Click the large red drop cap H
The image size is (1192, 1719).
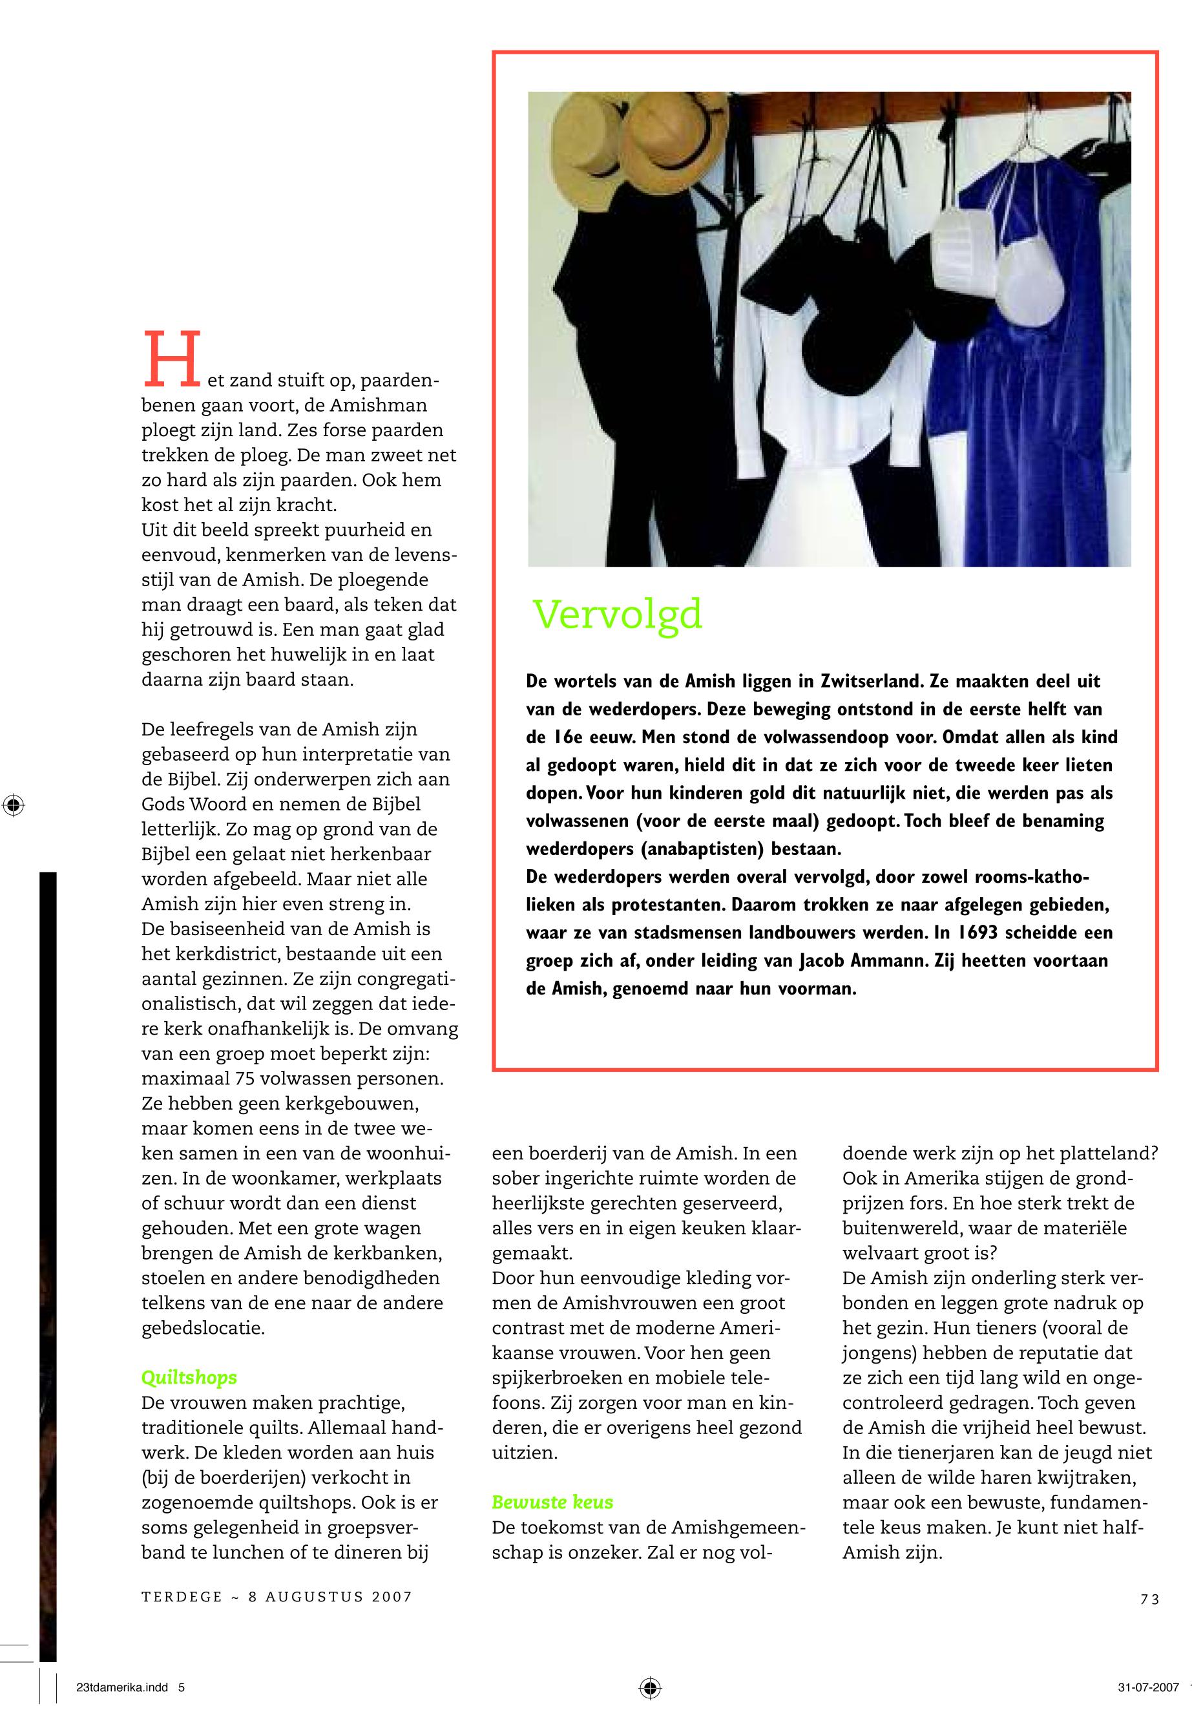pyautogui.click(x=171, y=360)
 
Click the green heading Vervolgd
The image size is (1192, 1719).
pyautogui.click(x=617, y=615)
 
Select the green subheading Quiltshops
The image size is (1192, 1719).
pyautogui.click(x=189, y=1378)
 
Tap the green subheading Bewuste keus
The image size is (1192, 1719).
pyautogui.click(x=552, y=1503)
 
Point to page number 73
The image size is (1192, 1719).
pyautogui.click(x=1149, y=1599)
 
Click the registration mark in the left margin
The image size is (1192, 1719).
pyautogui.click(x=14, y=805)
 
